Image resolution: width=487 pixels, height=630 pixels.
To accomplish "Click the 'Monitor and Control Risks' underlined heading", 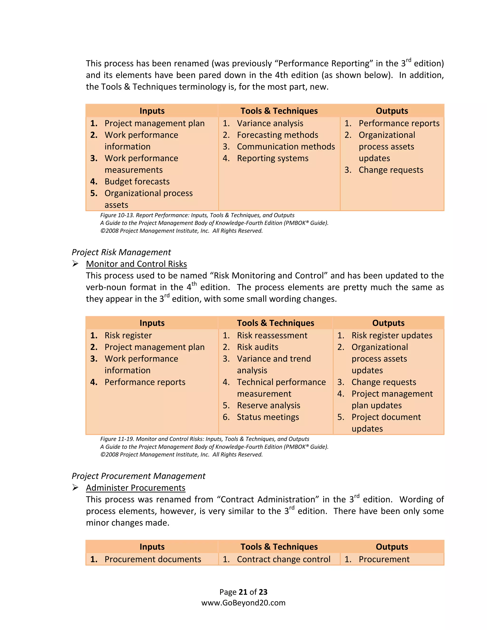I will (x=136, y=264).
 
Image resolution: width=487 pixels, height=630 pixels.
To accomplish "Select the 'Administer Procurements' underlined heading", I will (x=136, y=488).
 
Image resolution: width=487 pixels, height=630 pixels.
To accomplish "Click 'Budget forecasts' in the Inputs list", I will (x=137, y=182).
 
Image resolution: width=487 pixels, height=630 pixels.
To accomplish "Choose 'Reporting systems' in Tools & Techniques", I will (x=273, y=158).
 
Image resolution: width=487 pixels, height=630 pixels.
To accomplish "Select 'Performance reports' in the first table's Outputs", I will (x=399, y=123).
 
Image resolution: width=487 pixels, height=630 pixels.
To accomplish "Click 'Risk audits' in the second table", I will (x=257, y=347).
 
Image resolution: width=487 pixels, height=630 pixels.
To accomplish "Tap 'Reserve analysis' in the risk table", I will (x=268, y=405).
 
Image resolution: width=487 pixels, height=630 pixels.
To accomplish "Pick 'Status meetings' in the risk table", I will (x=268, y=417).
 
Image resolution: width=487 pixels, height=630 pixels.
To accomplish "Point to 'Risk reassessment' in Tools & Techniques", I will (x=272, y=335).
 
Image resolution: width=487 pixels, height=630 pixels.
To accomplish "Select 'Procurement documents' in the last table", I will (x=153, y=559).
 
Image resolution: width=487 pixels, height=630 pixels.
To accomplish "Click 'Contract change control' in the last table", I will (x=283, y=559).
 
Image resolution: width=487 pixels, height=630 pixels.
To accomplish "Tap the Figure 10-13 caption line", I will (x=197, y=215).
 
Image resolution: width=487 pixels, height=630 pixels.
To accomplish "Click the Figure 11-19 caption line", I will (x=205, y=439).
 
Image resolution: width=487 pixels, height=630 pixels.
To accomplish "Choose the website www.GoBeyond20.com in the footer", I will (x=243, y=603).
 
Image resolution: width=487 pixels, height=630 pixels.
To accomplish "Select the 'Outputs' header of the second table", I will (x=388, y=323).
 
